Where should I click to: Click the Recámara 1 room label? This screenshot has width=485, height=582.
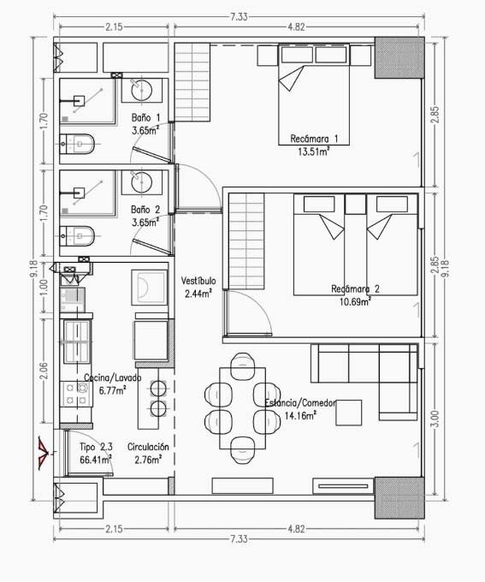(314, 139)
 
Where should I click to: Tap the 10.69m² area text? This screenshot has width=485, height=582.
(355, 301)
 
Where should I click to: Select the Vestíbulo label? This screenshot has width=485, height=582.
(198, 281)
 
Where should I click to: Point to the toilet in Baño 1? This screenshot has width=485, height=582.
(77, 144)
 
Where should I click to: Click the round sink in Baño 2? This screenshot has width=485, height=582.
(142, 181)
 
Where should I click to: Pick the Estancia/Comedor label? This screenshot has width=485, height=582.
(300, 403)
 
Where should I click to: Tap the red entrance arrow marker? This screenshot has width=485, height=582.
(43, 454)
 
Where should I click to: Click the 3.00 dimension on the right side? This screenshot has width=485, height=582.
(435, 419)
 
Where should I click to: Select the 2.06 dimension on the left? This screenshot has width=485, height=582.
(44, 371)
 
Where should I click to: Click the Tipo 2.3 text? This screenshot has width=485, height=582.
(96, 447)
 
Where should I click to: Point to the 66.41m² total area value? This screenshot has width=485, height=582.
(96, 460)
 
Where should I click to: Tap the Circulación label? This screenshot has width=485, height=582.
(148, 447)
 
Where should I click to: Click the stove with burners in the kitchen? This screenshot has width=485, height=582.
(76, 395)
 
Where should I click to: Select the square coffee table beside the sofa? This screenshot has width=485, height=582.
(349, 413)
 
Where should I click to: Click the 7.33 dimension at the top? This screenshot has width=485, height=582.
(239, 17)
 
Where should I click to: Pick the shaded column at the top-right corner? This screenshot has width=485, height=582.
(399, 57)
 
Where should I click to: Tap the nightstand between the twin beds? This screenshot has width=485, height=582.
(356, 205)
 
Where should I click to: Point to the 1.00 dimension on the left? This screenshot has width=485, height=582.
(44, 288)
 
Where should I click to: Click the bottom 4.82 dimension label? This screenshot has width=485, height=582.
(296, 529)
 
